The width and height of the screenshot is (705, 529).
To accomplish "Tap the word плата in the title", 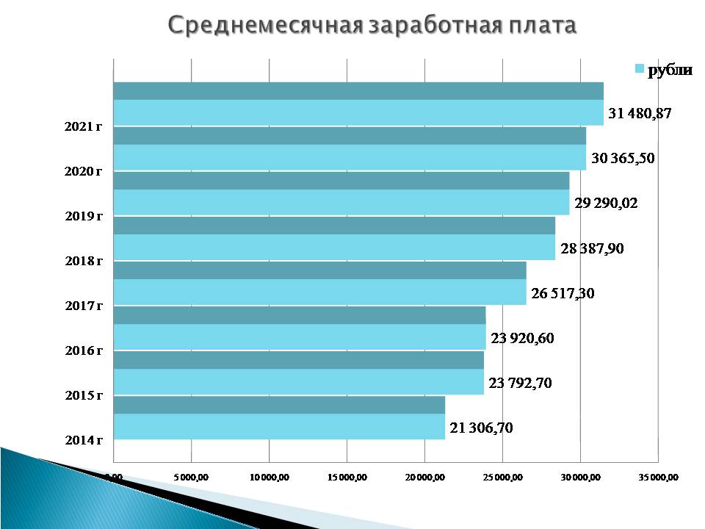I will pyautogui.click(x=540, y=26).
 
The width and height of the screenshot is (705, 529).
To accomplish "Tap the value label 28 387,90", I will pyautogui.click(x=592, y=249).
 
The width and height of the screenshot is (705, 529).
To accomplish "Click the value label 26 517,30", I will pyautogui.click(x=563, y=294).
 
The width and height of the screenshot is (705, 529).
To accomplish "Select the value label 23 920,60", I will pyautogui.click(x=523, y=339).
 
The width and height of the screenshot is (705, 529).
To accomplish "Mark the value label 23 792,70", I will pyautogui.click(x=521, y=383).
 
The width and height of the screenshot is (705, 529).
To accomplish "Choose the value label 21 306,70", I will pyautogui.click(x=481, y=428).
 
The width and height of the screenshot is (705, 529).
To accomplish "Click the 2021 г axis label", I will pyautogui.click(x=83, y=127).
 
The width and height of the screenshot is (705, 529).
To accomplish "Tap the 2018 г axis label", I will pyautogui.click(x=83, y=261).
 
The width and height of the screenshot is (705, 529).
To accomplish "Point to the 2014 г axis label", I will pyautogui.click(x=83, y=441).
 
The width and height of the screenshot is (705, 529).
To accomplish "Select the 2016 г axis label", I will pyautogui.click(x=83, y=350).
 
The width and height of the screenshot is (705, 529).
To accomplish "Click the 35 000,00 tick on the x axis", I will pyautogui.click(x=659, y=478).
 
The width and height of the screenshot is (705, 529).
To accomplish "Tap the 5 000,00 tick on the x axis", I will pyautogui.click(x=191, y=478).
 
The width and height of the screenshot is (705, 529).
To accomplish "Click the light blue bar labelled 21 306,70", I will pyautogui.click(x=279, y=427).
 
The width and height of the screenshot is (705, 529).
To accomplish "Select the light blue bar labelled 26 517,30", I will pyautogui.click(x=319, y=292).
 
